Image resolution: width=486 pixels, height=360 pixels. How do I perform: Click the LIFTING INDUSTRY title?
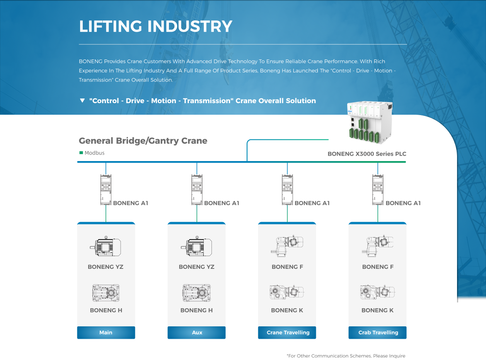155,26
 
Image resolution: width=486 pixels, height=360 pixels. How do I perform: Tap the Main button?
106,333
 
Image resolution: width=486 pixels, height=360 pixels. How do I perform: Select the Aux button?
197,333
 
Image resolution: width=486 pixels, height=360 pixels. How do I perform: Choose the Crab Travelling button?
378,333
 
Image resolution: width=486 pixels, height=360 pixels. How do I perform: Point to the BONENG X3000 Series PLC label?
367,154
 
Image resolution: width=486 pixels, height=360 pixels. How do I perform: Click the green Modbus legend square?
81,153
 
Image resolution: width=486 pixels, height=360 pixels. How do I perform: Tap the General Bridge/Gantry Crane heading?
143,141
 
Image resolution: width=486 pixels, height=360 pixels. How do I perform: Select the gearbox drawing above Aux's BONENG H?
196,293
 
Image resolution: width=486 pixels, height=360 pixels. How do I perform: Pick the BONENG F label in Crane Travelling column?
287,267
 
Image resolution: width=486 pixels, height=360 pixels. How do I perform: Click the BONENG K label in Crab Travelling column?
377,310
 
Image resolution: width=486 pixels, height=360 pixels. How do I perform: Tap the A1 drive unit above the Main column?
106,189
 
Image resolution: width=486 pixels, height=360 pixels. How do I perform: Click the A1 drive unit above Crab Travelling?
378,189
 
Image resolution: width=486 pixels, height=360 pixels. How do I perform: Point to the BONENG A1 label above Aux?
222,203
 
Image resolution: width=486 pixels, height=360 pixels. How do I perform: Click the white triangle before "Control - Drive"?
82,101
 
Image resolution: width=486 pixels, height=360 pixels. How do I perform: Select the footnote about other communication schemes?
346,356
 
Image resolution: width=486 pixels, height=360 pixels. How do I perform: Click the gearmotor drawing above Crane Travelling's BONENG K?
286,292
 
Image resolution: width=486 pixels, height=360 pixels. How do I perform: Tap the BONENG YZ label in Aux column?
196,267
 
